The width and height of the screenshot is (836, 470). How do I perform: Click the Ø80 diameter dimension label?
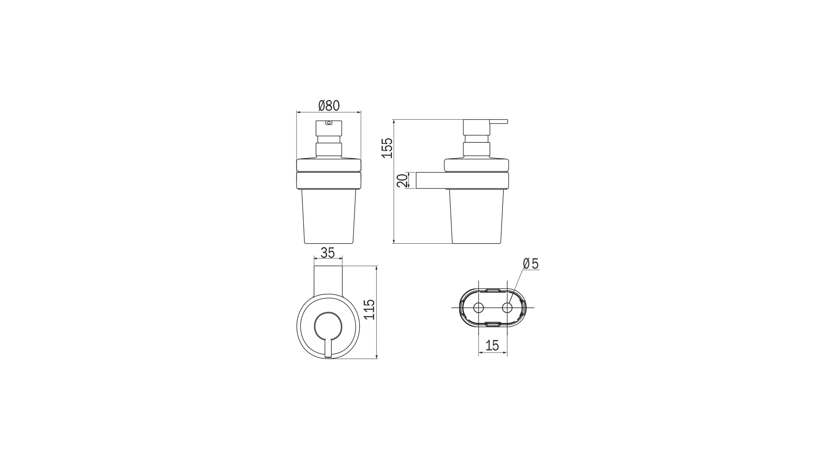tap(329, 106)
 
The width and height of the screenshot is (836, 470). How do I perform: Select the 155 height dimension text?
tap(387, 148)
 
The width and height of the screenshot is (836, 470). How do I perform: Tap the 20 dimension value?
tap(403, 180)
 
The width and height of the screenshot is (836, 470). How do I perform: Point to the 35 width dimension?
tap(327, 253)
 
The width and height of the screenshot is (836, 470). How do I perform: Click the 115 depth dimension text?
tap(369, 309)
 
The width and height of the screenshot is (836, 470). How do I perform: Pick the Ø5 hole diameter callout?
tap(531, 263)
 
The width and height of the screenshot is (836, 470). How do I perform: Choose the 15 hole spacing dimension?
tap(492, 346)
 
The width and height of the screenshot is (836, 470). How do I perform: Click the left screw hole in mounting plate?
tap(478, 308)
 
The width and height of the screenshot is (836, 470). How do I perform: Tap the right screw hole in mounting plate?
tap(507, 308)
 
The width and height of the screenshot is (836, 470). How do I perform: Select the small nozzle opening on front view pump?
tap(328, 123)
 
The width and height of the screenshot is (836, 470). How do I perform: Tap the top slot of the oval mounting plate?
tap(492, 289)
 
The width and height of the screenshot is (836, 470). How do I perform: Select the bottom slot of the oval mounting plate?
tap(492, 324)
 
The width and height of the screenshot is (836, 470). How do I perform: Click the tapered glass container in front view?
tap(328, 218)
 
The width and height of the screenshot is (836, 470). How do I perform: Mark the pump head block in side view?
tap(476, 127)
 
